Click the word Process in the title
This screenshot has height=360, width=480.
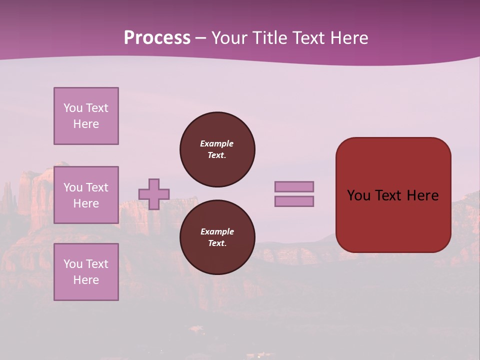(157, 38)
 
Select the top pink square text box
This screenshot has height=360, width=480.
(86, 116)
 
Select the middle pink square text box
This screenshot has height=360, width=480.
(86, 195)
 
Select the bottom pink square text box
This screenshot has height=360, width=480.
(86, 272)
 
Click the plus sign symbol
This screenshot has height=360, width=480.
(154, 194)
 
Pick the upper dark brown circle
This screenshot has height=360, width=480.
(217, 149)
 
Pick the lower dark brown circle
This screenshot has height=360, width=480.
(217, 237)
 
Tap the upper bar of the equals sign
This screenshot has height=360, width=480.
(294, 186)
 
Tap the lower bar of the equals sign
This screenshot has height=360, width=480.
(294, 201)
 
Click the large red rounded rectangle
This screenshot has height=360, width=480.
(393, 220)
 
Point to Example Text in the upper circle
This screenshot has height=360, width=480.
(217, 149)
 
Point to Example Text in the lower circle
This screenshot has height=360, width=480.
(217, 237)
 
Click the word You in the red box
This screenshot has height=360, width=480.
(359, 195)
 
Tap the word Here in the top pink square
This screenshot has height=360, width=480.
(86, 124)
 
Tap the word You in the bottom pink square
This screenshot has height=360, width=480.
(73, 264)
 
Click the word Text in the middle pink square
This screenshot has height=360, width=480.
(96, 187)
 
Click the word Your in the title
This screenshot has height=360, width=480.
(229, 38)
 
